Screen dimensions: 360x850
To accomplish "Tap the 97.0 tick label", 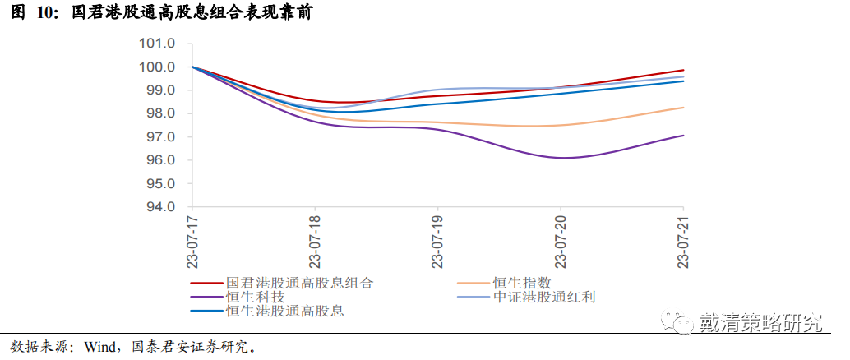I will [x=159, y=136].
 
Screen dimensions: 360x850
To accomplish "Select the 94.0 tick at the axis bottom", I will [x=159, y=206].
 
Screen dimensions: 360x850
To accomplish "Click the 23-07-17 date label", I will [x=192, y=242].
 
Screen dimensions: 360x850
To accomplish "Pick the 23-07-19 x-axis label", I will [x=437, y=242].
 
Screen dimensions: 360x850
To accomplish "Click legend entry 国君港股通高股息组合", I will [x=299, y=283].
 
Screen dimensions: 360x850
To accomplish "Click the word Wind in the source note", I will [x=99, y=346].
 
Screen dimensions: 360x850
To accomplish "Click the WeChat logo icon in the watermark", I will [x=680, y=321].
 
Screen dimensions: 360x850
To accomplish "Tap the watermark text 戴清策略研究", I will [x=760, y=322].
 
